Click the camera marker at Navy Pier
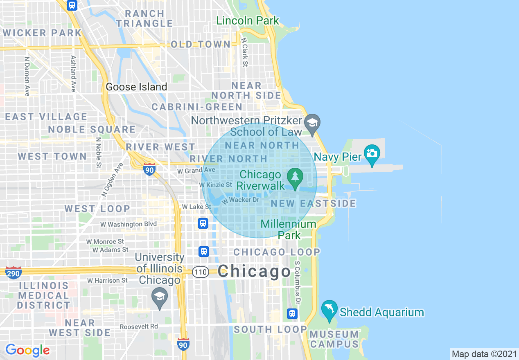pyautogui.click(x=372, y=153)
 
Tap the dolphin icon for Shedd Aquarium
pyautogui.click(x=329, y=309)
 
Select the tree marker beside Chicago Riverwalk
pyautogui.click(x=294, y=177)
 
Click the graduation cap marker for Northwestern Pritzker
pyautogui.click(x=312, y=123)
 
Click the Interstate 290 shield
pyautogui.click(x=14, y=272)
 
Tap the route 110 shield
pyautogui.click(x=201, y=272)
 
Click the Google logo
pyautogui.click(x=27, y=350)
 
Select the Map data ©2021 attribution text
pyautogui.click(x=484, y=354)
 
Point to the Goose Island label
pyautogui.click(x=136, y=87)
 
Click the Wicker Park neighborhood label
pyautogui.click(x=43, y=33)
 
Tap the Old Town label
pyautogui.click(x=201, y=44)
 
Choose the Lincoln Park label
pyautogui.click(x=248, y=20)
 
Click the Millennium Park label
pyautogui.click(x=289, y=229)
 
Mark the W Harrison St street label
pyautogui.click(x=108, y=281)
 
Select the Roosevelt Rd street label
pyautogui.click(x=139, y=326)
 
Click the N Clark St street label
pyautogui.click(x=245, y=53)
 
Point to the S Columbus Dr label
pyautogui.click(x=298, y=282)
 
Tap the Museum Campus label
pyautogui.click(x=334, y=339)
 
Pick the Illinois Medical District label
pyautogui.click(x=43, y=295)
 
